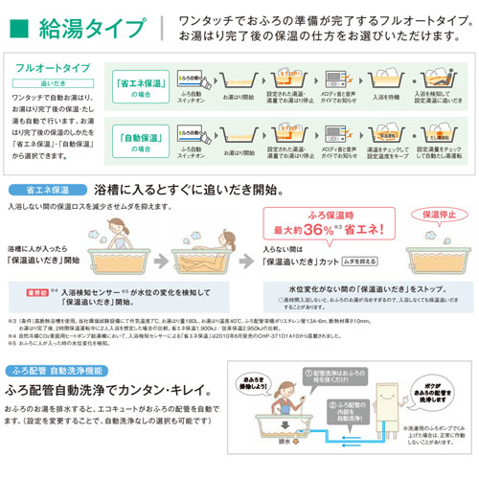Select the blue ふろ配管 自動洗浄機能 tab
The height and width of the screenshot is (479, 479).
[x=61, y=370]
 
